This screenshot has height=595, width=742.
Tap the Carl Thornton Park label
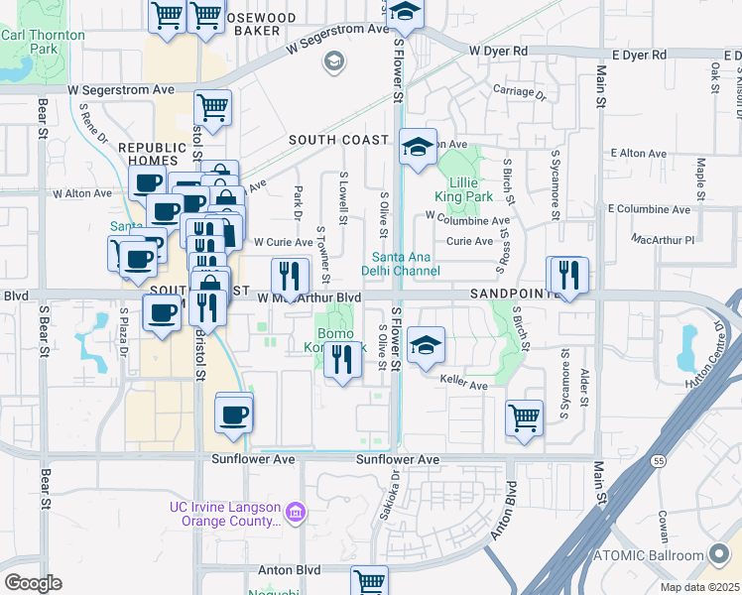pos(43,41)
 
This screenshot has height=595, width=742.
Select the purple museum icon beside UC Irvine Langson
pos(295,513)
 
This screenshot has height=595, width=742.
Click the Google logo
pos(32,583)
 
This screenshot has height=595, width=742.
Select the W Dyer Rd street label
pos(499,50)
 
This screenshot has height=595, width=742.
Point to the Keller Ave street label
pos(465,385)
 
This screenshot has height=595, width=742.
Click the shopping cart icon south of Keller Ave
pos(524,416)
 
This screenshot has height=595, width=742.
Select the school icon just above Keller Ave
pos(426,345)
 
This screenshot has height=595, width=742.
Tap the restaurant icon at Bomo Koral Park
pos(342,359)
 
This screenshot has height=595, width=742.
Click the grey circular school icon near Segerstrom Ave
pos(334,62)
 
